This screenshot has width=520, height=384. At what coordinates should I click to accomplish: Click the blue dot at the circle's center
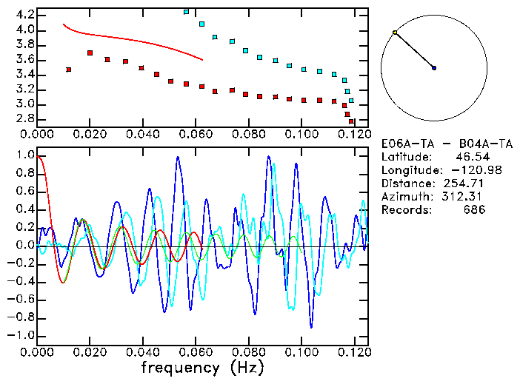(x=434, y=68)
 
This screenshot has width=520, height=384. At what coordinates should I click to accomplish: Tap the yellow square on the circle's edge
(x=395, y=33)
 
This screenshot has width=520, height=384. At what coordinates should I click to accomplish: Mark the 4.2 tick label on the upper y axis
(x=25, y=15)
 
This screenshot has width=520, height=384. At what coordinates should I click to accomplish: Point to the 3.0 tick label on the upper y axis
(x=25, y=104)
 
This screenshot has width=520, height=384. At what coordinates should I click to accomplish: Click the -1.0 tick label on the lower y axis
(x=21, y=335)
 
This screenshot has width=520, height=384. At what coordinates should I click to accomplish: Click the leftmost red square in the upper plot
(x=69, y=70)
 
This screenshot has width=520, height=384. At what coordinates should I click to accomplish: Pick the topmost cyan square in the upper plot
(x=187, y=12)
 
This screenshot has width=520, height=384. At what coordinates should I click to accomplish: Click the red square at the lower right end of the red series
(x=351, y=121)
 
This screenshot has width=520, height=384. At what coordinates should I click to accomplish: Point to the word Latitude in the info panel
(x=405, y=157)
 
